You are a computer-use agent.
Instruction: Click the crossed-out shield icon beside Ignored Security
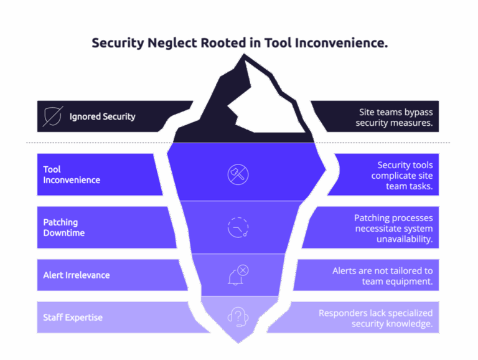(x=53, y=116)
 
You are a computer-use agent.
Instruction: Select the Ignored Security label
(x=102, y=116)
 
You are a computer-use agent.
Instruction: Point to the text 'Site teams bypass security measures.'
(x=394, y=117)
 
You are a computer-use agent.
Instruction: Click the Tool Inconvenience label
(x=72, y=174)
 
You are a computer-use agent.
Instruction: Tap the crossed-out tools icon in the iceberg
(x=238, y=174)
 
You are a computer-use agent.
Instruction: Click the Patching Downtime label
(x=64, y=227)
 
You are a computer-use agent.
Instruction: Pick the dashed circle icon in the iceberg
(x=238, y=227)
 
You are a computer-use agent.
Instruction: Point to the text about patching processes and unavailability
(x=393, y=228)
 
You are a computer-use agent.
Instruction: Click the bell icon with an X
(x=238, y=275)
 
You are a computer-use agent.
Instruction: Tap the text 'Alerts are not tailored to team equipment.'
(x=382, y=275)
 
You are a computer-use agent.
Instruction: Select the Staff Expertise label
(x=73, y=318)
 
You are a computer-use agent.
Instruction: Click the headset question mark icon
(x=238, y=317)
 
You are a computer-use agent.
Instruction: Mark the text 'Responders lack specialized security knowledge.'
(x=375, y=318)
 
